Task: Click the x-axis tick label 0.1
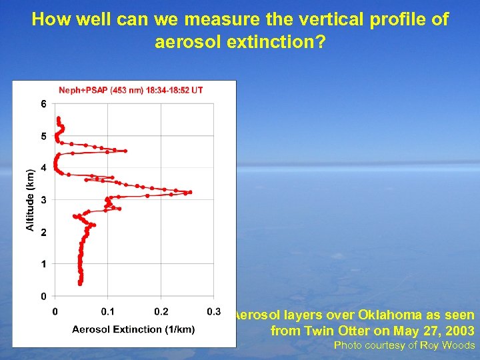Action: click(x=107, y=311)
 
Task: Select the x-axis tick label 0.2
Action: click(x=161, y=311)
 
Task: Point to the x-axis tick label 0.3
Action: click(x=214, y=311)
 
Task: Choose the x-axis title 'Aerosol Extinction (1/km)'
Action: click(x=133, y=329)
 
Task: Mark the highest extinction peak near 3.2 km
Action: click(x=190, y=192)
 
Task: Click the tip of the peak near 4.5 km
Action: click(x=125, y=151)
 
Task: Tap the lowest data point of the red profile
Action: click(x=80, y=283)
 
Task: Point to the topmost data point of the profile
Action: click(x=58, y=119)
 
